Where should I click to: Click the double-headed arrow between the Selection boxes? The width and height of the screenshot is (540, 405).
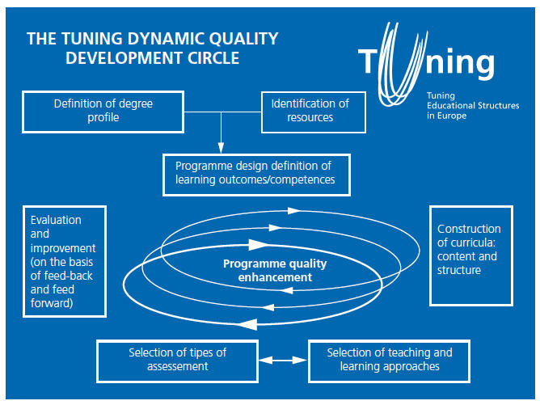pos(283,361)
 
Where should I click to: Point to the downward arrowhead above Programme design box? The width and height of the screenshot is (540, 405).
pos(221,148)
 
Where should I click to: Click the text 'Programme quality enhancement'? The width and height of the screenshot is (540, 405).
pos(275,270)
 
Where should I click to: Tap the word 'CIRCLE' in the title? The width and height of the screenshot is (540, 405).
pos(213,58)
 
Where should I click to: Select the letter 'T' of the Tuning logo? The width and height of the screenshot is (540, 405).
pos(367,61)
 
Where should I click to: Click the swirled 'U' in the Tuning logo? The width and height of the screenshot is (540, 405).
pos(401,65)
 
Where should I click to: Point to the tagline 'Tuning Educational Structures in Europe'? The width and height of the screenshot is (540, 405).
pos(473,105)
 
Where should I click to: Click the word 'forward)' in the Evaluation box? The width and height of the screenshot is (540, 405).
pos(52,303)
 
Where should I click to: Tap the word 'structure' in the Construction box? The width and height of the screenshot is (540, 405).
pos(459,270)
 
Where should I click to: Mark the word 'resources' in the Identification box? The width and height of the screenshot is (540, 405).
pos(310,117)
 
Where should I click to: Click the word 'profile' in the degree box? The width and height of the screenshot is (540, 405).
pos(103,118)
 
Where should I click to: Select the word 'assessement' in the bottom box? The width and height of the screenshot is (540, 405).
pos(178,366)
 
